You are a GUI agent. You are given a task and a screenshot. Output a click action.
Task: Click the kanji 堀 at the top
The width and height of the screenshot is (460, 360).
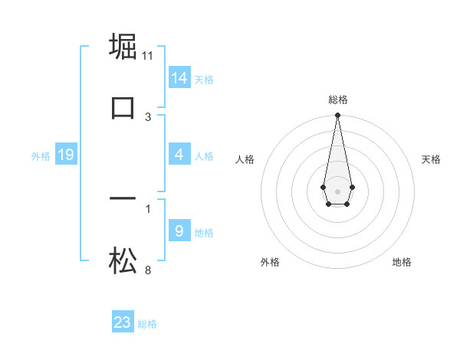[x=123, y=46]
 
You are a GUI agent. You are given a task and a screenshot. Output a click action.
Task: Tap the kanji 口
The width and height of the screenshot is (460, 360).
[x=123, y=107]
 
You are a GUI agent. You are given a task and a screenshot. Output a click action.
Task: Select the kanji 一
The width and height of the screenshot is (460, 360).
[x=123, y=199]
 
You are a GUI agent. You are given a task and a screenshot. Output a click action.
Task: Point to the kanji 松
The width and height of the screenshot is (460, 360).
[x=123, y=260]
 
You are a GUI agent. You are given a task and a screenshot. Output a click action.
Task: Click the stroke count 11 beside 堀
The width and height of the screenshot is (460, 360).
[x=148, y=56]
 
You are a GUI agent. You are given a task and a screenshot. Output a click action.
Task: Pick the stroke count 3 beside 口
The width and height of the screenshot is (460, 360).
[x=148, y=117]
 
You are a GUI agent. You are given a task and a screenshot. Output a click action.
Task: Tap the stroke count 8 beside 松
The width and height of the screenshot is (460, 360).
[x=148, y=270]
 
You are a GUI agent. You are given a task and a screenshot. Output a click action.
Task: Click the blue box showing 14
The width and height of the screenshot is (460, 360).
[x=179, y=78]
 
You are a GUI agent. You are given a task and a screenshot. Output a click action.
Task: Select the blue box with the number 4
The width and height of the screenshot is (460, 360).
[x=179, y=155]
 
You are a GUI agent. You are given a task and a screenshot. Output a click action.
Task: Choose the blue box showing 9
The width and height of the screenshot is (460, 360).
[x=179, y=231]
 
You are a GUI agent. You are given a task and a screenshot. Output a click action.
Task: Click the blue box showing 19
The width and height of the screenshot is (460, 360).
[x=66, y=155]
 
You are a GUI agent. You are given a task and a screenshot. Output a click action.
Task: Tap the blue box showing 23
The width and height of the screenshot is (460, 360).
[x=123, y=322]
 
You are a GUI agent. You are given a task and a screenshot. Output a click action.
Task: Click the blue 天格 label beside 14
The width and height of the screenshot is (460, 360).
[x=204, y=80]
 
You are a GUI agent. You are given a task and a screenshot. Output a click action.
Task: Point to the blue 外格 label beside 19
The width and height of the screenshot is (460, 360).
[x=41, y=156]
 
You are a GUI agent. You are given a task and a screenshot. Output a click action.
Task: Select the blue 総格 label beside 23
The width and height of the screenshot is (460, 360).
[x=147, y=324]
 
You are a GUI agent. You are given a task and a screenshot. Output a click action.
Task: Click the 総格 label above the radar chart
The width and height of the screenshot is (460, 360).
[x=337, y=100]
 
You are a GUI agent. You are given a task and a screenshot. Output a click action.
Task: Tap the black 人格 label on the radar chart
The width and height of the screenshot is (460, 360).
[x=245, y=159]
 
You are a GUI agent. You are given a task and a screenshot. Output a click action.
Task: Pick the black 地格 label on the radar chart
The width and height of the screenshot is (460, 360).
[x=402, y=263]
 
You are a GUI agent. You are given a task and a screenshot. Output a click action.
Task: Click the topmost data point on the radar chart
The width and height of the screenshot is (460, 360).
[x=337, y=116]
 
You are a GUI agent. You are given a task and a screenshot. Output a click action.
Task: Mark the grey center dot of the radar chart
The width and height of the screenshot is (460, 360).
[x=337, y=190]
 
